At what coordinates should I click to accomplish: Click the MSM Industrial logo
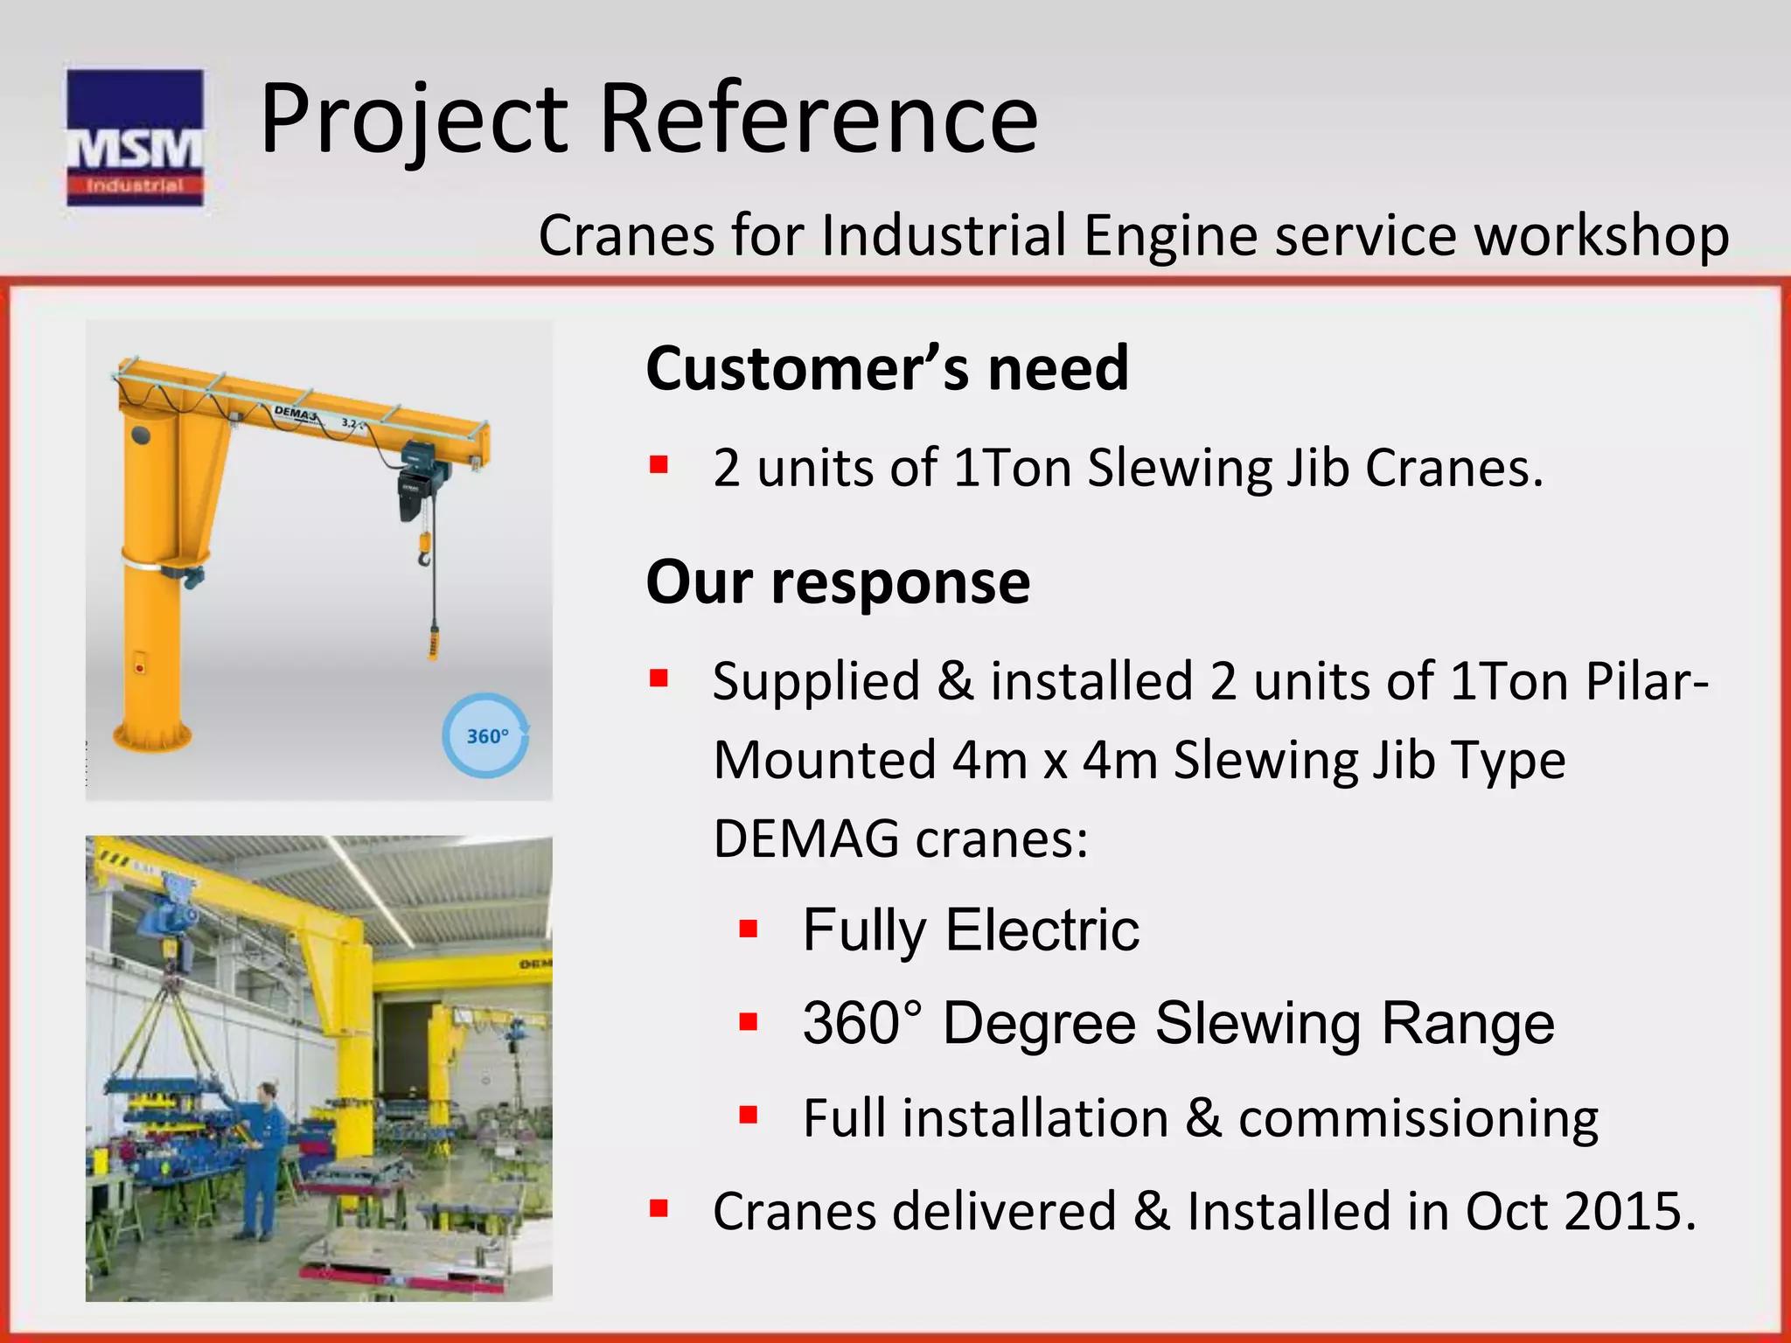[x=135, y=137]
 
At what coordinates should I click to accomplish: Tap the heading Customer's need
[x=887, y=368]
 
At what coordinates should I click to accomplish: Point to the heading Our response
[x=838, y=582]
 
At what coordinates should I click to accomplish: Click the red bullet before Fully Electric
[x=748, y=929]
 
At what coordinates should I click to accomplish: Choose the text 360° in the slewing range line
[x=862, y=1023]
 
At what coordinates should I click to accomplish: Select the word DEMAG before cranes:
[x=805, y=839]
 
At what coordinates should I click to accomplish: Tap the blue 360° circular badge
[x=486, y=736]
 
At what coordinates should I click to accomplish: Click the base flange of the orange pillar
[x=153, y=737]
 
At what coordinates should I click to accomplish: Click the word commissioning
[x=1418, y=1118]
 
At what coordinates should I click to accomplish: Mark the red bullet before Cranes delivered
[x=659, y=1210]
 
